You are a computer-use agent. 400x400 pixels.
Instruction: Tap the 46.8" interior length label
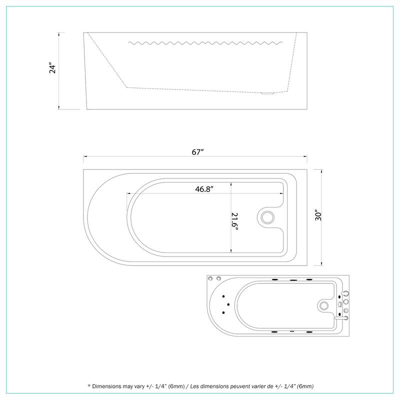tap(204, 189)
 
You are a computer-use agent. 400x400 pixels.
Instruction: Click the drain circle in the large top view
tap(267, 217)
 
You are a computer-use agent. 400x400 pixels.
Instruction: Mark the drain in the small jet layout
tap(324, 304)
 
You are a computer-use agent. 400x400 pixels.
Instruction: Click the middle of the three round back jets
tap(228, 304)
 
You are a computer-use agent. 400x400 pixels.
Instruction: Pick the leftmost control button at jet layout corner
tap(211, 278)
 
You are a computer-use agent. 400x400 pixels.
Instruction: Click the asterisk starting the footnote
tap(89, 386)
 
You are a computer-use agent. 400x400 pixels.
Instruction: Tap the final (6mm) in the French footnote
tap(304, 386)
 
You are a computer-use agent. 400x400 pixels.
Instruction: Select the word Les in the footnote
tap(196, 386)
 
